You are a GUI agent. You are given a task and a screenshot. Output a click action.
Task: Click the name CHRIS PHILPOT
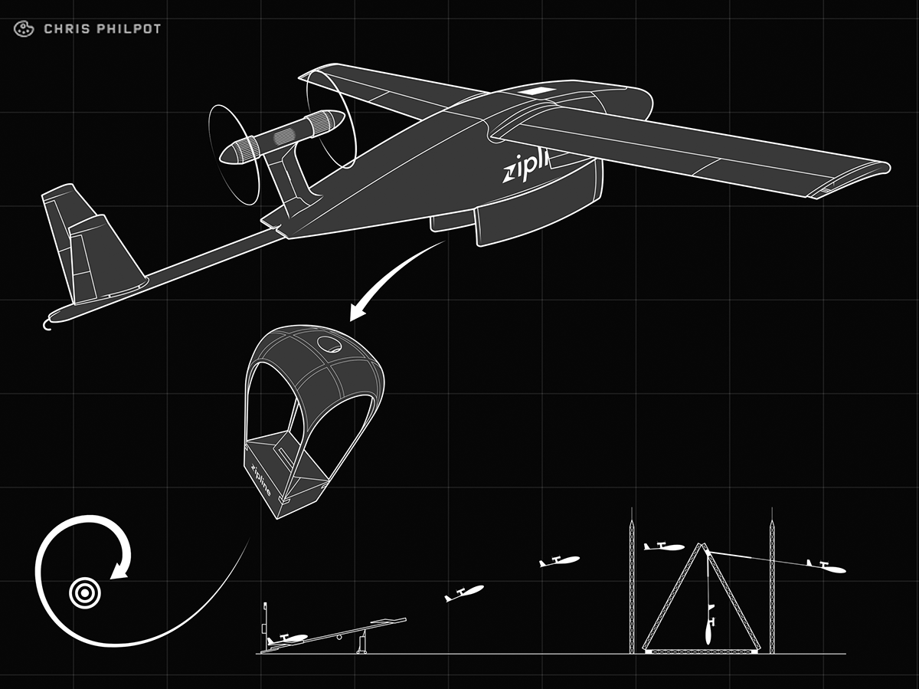pos(102,29)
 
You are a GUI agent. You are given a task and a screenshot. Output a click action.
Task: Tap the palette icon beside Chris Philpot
pos(24,29)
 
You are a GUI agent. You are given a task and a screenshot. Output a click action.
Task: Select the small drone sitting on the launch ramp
pos(286,638)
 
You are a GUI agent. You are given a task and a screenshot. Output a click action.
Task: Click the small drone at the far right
pos(826,566)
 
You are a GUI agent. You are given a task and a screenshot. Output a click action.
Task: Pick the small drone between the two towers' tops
pos(663,546)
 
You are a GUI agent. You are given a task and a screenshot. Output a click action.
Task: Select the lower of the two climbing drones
pos(465,592)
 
